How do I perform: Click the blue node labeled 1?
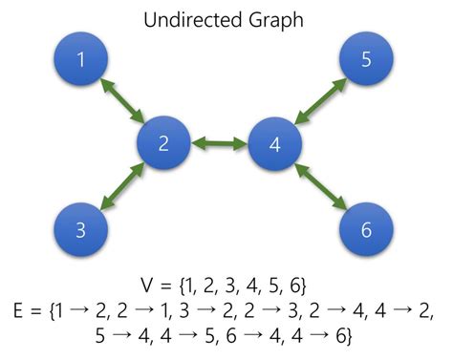point(81,60)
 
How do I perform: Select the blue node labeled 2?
point(163,145)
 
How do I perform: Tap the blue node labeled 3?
point(81,229)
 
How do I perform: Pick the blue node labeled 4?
point(275,145)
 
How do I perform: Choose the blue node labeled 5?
point(367,60)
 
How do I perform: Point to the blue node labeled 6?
point(367,229)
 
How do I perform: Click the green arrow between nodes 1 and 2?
point(121,102)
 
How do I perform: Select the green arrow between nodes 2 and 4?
point(220,145)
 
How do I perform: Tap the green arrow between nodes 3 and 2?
point(121,188)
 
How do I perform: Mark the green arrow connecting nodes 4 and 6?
point(321,187)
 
